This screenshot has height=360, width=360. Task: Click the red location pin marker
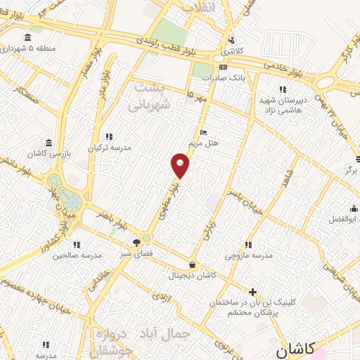point(181,165)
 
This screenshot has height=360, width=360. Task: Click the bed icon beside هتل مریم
point(203,132)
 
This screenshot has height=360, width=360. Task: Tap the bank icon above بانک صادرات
point(224,67)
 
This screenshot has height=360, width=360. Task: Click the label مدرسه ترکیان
point(109,148)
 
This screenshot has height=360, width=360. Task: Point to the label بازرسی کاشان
point(49,153)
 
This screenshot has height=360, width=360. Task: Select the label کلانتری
point(230,52)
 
